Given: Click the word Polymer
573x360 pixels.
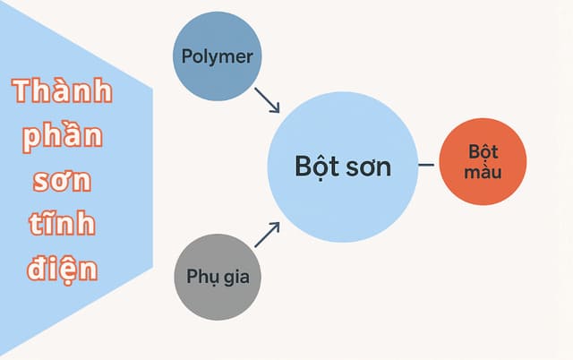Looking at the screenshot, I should pos(218,56).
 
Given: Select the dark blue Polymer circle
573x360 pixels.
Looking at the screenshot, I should pos(218,76).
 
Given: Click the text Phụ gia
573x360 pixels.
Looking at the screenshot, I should pos(218,276).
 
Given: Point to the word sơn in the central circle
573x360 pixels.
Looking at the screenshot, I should pos(369,167).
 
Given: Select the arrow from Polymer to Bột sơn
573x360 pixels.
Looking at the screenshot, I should pos(268,99).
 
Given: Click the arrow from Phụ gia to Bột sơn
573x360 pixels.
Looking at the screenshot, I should pos(268,234).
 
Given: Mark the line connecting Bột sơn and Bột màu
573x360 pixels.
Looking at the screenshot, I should pos(429,165).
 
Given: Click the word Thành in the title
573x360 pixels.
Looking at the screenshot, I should pos(63,92).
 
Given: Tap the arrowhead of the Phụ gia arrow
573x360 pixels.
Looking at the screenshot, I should pos(276,226).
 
